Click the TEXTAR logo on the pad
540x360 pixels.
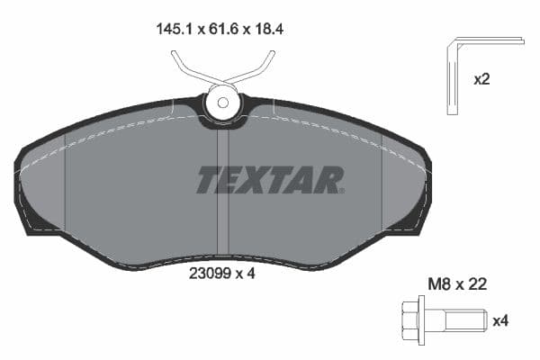tap(270, 180)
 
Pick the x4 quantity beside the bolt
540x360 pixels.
tap(499, 319)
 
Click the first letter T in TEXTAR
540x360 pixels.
tap(209, 180)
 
